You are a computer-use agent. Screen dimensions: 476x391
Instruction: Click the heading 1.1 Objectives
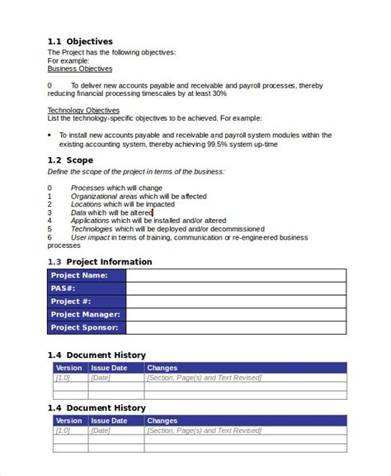click(x=80, y=40)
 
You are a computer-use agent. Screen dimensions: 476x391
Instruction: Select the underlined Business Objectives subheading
click(x=79, y=69)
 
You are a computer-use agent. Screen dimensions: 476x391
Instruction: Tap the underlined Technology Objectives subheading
click(x=83, y=110)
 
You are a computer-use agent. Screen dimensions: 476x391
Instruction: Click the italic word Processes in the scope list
click(x=87, y=188)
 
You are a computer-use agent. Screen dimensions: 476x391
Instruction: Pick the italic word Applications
click(x=90, y=221)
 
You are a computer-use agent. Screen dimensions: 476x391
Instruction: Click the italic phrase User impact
click(x=90, y=237)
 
